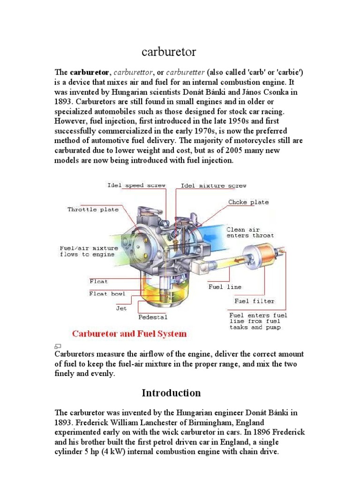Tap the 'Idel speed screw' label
(136, 185)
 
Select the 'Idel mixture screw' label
(213, 186)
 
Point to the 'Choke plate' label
(248, 202)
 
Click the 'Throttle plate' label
(93, 210)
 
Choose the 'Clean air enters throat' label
(250, 232)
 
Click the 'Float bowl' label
(107, 293)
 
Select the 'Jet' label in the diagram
(121, 308)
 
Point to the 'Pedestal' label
(153, 317)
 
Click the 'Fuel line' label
(225, 286)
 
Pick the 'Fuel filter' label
(254, 301)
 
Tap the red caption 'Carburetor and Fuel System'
(129, 334)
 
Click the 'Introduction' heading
(171, 393)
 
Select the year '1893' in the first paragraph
(65, 101)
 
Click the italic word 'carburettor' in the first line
(133, 72)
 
